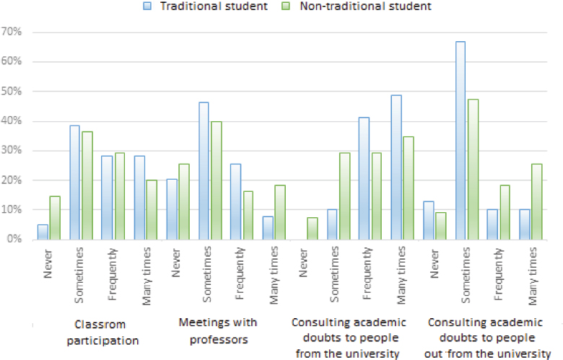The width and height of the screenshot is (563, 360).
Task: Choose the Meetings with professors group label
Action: [219, 330]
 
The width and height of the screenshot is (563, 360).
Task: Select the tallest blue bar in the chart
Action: [460, 140]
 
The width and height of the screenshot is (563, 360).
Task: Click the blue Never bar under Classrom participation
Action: [43, 232]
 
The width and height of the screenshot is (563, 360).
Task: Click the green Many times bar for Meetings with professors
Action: [279, 212]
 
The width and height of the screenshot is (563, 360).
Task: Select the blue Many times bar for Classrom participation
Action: [139, 197]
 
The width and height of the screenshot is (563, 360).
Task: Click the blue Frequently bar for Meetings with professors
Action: [235, 201]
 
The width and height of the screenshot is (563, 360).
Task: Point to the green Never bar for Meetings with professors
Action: [183, 201]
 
